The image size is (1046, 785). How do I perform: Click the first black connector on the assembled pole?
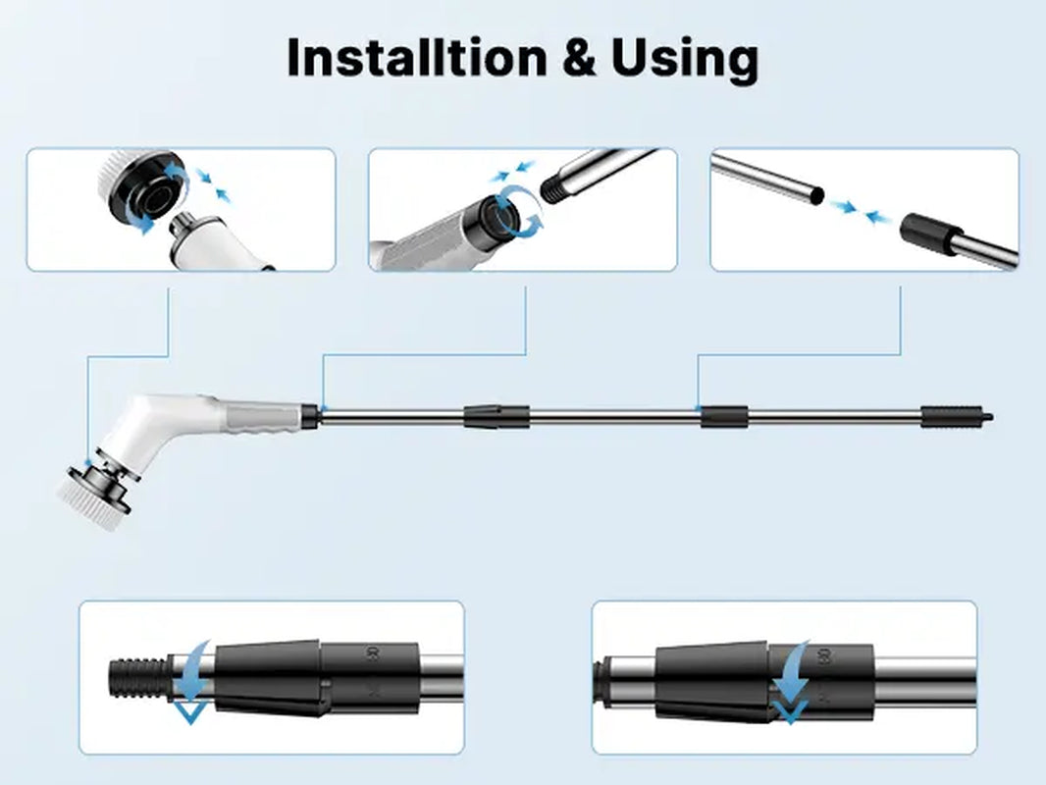click(496, 415)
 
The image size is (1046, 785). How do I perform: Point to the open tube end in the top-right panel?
click(812, 195)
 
